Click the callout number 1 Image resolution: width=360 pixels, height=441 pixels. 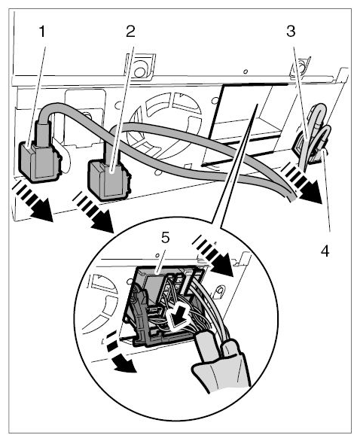[42, 31]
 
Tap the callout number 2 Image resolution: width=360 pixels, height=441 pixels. [130, 31]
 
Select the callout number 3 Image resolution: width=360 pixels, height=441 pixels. [291, 31]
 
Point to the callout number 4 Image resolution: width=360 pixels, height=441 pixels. [325, 251]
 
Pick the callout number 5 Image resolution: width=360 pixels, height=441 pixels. [166, 239]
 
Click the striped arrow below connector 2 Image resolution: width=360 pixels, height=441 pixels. [93, 213]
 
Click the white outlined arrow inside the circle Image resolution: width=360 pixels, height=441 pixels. [177, 317]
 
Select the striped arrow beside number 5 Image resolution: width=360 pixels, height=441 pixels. [213, 255]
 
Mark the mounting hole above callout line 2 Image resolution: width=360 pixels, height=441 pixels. [139, 72]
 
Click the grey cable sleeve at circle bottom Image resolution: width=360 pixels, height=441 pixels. [222, 366]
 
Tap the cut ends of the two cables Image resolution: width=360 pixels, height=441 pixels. [291, 197]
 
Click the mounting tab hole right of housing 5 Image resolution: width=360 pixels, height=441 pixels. [221, 290]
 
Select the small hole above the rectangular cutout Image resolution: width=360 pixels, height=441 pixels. [246, 71]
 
